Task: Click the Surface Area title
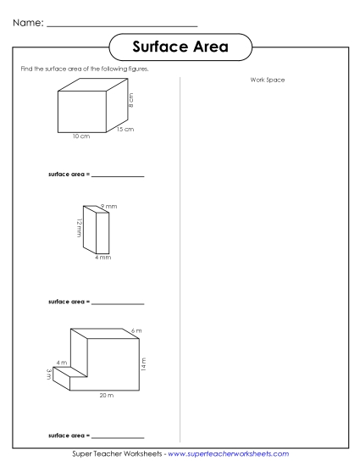[x=180, y=47]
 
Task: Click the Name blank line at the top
[x=122, y=26]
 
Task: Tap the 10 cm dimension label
[x=81, y=136]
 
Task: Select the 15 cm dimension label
[x=125, y=130]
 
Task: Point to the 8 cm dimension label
[x=131, y=101]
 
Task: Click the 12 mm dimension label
[x=78, y=230]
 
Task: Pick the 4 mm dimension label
[x=102, y=257]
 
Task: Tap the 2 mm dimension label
[x=108, y=207]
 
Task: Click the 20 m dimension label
[x=106, y=396]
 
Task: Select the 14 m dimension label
[x=144, y=364]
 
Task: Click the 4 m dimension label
[x=61, y=362]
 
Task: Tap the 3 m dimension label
[x=49, y=374]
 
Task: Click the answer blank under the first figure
[x=118, y=177]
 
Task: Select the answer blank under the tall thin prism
[x=118, y=303]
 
